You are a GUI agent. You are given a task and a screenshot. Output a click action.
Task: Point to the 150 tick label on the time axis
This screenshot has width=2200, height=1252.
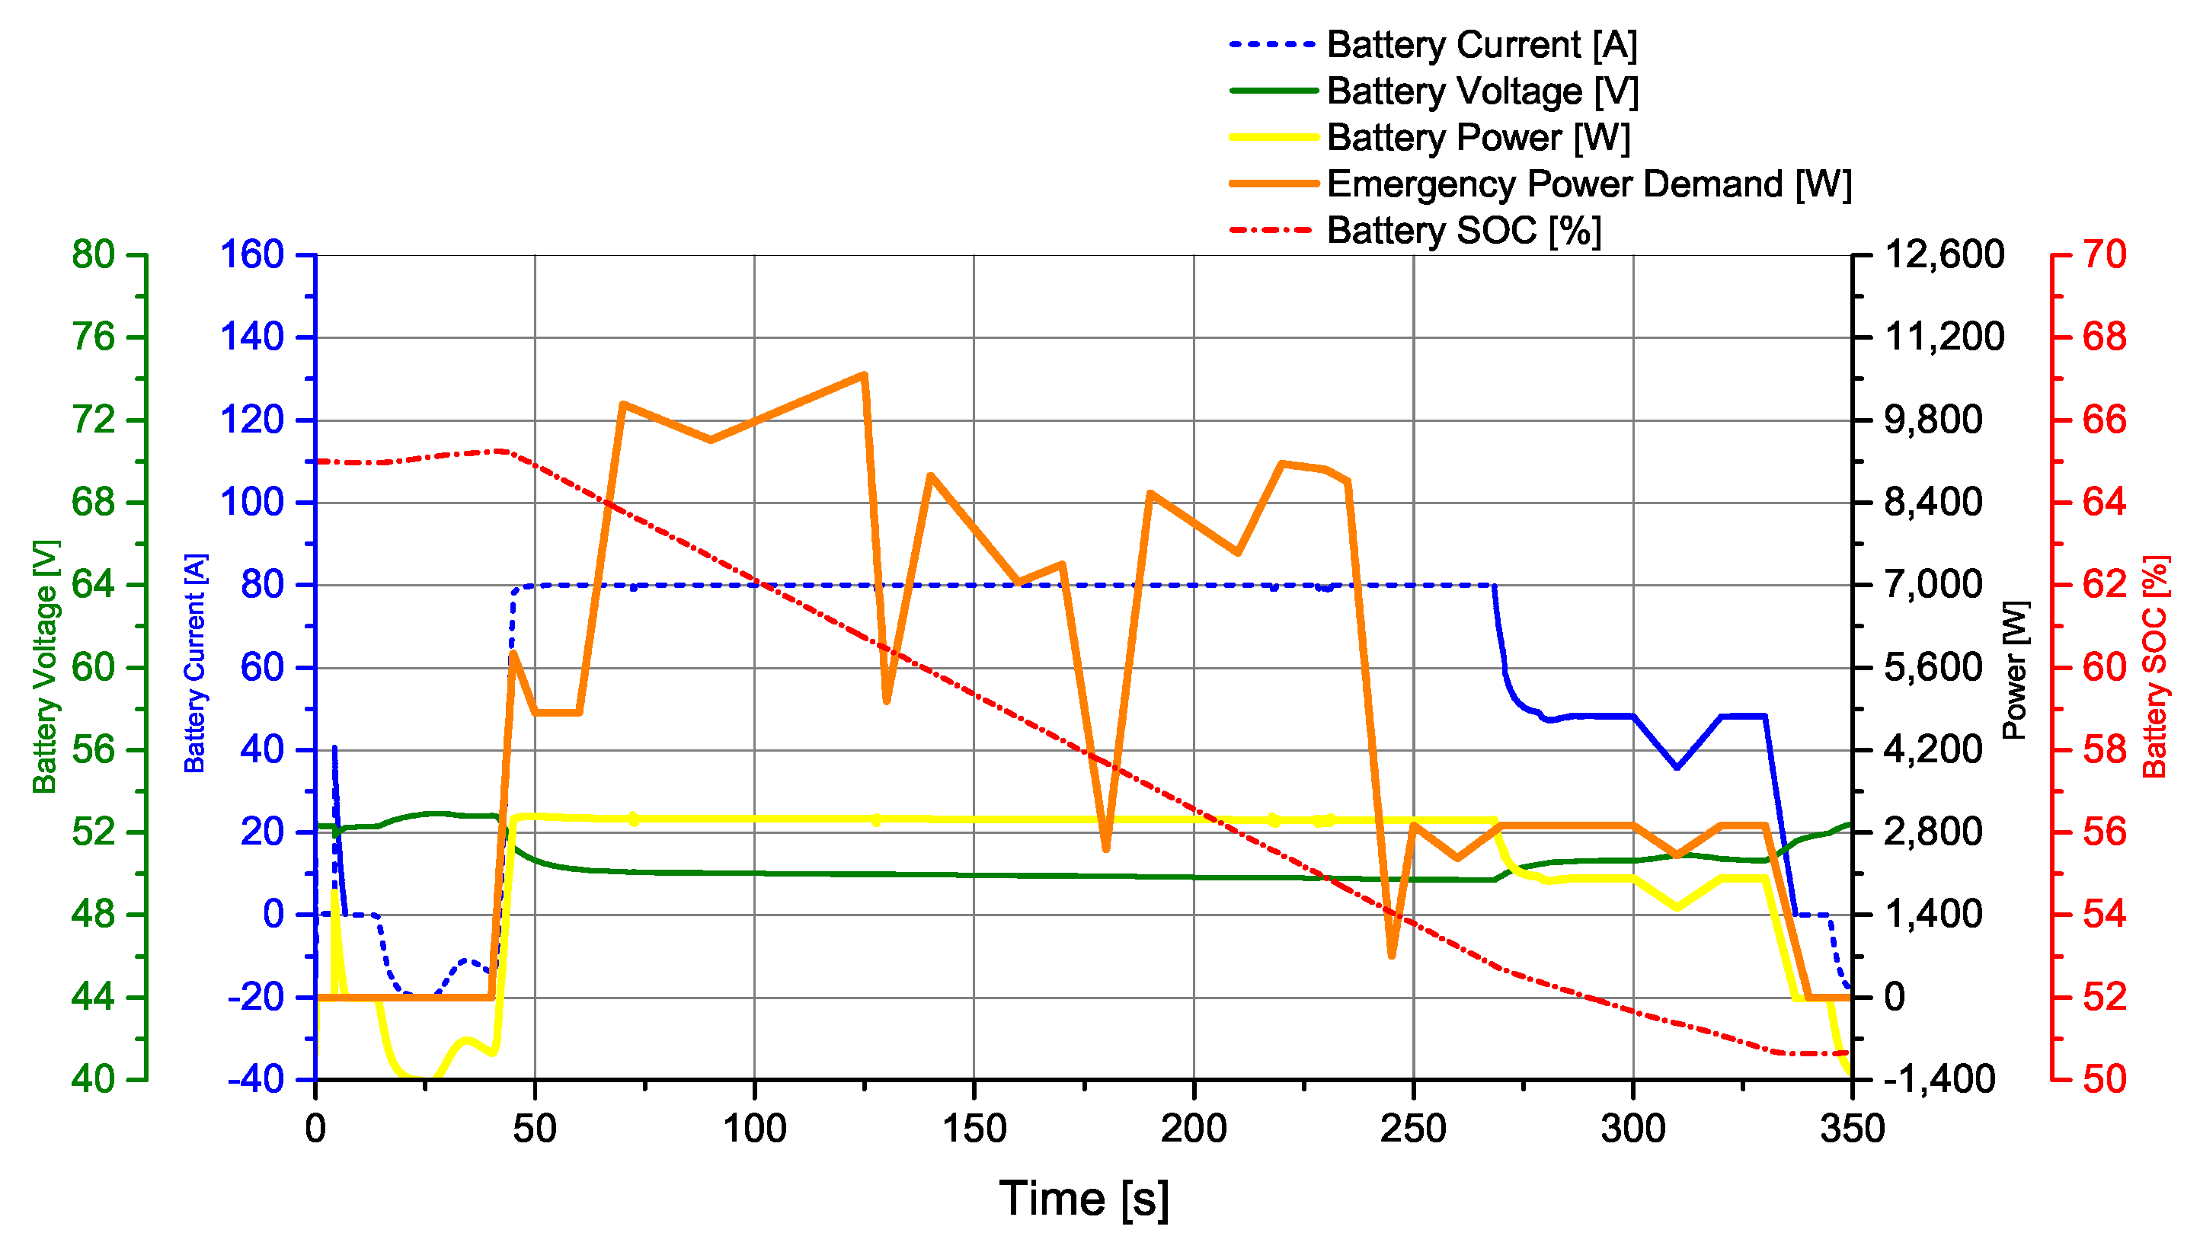(974, 1128)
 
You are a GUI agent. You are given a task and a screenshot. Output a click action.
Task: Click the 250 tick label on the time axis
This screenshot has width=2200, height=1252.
(1413, 1128)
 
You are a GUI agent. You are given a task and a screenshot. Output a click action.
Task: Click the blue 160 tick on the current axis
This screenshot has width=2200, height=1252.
(252, 254)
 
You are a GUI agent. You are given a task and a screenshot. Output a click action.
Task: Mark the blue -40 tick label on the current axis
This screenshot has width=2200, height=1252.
(255, 1079)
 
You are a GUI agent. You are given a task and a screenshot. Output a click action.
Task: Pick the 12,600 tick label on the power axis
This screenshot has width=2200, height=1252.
(1944, 254)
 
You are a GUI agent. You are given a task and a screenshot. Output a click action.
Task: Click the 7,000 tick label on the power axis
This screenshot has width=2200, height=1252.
(1933, 585)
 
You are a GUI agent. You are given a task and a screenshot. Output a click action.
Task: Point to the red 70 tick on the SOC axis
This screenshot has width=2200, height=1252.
(2104, 254)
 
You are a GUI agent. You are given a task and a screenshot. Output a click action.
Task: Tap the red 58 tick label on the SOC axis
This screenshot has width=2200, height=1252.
(2104, 750)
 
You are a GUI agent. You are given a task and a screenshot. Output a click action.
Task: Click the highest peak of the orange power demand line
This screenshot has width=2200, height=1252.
(864, 375)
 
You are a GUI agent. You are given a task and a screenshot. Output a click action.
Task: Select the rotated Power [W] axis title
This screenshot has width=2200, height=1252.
(2015, 670)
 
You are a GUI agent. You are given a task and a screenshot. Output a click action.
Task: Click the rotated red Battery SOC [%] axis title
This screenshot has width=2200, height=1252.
(2155, 666)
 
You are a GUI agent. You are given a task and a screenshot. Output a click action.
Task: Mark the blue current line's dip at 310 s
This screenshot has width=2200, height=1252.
(1676, 766)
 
